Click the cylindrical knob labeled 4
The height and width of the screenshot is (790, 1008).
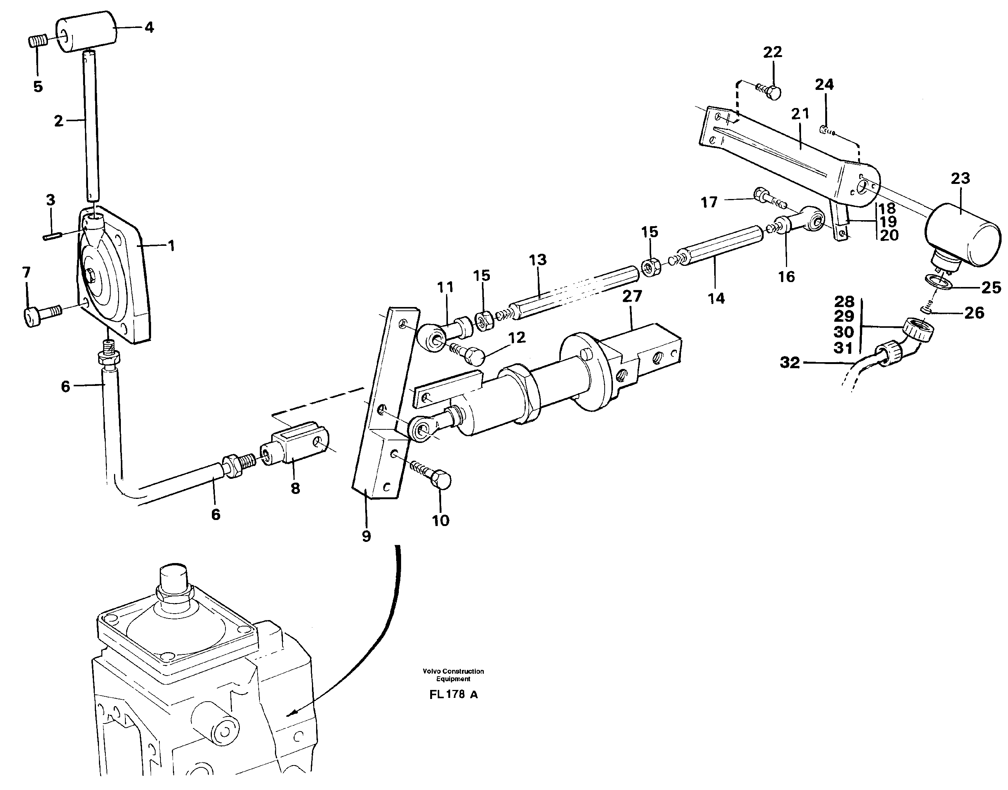coord(86,31)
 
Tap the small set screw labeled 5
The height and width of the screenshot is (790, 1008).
coord(37,42)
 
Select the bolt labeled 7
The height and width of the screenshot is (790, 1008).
coord(40,316)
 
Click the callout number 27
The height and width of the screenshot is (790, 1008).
coord(632,296)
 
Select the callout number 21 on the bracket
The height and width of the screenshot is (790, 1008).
coord(800,114)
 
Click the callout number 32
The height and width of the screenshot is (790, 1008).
coord(790,362)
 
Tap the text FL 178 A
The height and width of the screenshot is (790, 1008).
coord(453,695)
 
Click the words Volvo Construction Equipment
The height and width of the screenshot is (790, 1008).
coord(453,675)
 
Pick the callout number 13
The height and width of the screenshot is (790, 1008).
coord(537,259)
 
